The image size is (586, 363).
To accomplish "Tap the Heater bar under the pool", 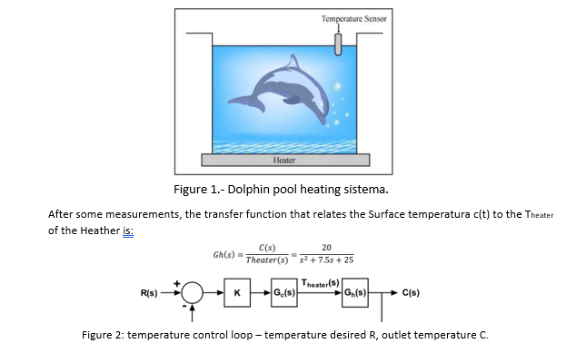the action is point(285,160).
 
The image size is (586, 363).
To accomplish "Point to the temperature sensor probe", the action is point(338,43).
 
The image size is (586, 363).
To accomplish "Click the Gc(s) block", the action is point(286,293).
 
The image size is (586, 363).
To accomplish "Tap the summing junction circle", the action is point(192,293).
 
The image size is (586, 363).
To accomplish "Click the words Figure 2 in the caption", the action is point(102,334).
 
